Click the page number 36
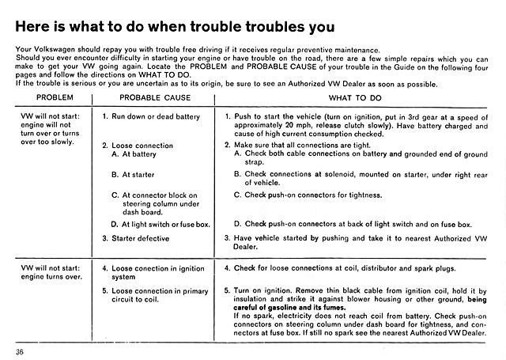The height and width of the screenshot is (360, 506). point(20,351)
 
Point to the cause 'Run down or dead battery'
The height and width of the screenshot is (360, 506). point(151,116)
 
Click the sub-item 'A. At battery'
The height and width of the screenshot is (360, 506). point(134,154)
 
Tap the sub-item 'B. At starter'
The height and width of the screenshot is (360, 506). point(132,174)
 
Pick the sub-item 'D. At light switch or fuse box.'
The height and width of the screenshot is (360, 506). point(160,224)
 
